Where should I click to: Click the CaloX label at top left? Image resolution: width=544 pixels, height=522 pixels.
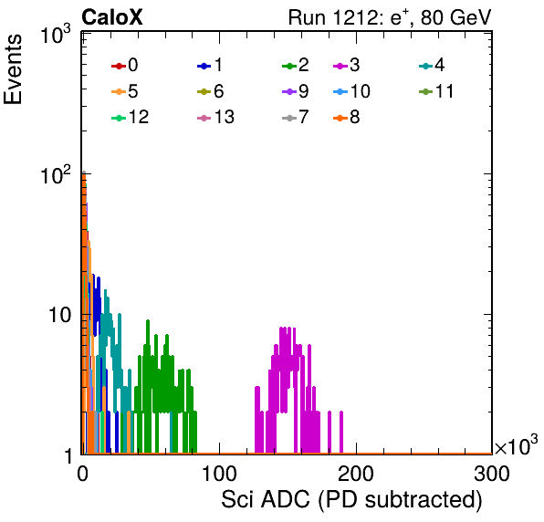coord(112,17)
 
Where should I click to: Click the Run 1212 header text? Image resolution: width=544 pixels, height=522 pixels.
coord(390,17)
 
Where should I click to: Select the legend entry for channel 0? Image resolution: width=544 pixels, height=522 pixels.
coord(125,65)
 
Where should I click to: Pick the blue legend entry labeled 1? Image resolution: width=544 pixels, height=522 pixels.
coord(210,65)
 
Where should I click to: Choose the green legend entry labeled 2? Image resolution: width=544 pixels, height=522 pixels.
coord(296,65)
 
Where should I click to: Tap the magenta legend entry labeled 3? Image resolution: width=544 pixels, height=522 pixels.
coord(347,65)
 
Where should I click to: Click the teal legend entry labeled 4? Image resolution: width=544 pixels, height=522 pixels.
coord(432,65)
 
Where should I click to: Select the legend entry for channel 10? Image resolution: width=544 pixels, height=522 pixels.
coord(351,91)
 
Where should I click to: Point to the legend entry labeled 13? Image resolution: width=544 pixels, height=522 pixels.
coord(215,117)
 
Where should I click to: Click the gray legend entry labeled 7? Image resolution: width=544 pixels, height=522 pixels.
coord(296,117)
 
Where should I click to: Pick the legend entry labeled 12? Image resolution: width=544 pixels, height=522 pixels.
coord(131,117)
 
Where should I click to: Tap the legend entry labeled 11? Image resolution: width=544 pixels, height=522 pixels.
coord(436,91)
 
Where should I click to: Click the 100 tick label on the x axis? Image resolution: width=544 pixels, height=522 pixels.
coord(219,474)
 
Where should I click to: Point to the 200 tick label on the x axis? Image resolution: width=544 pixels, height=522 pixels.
coord(356,474)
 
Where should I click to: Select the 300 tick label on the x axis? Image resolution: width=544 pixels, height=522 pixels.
coord(492,474)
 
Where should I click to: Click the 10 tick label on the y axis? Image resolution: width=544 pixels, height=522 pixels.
coord(60,315)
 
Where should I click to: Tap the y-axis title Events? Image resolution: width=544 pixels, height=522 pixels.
coord(13,69)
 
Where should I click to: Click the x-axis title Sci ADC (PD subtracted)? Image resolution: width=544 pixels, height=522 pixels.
coord(351,500)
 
